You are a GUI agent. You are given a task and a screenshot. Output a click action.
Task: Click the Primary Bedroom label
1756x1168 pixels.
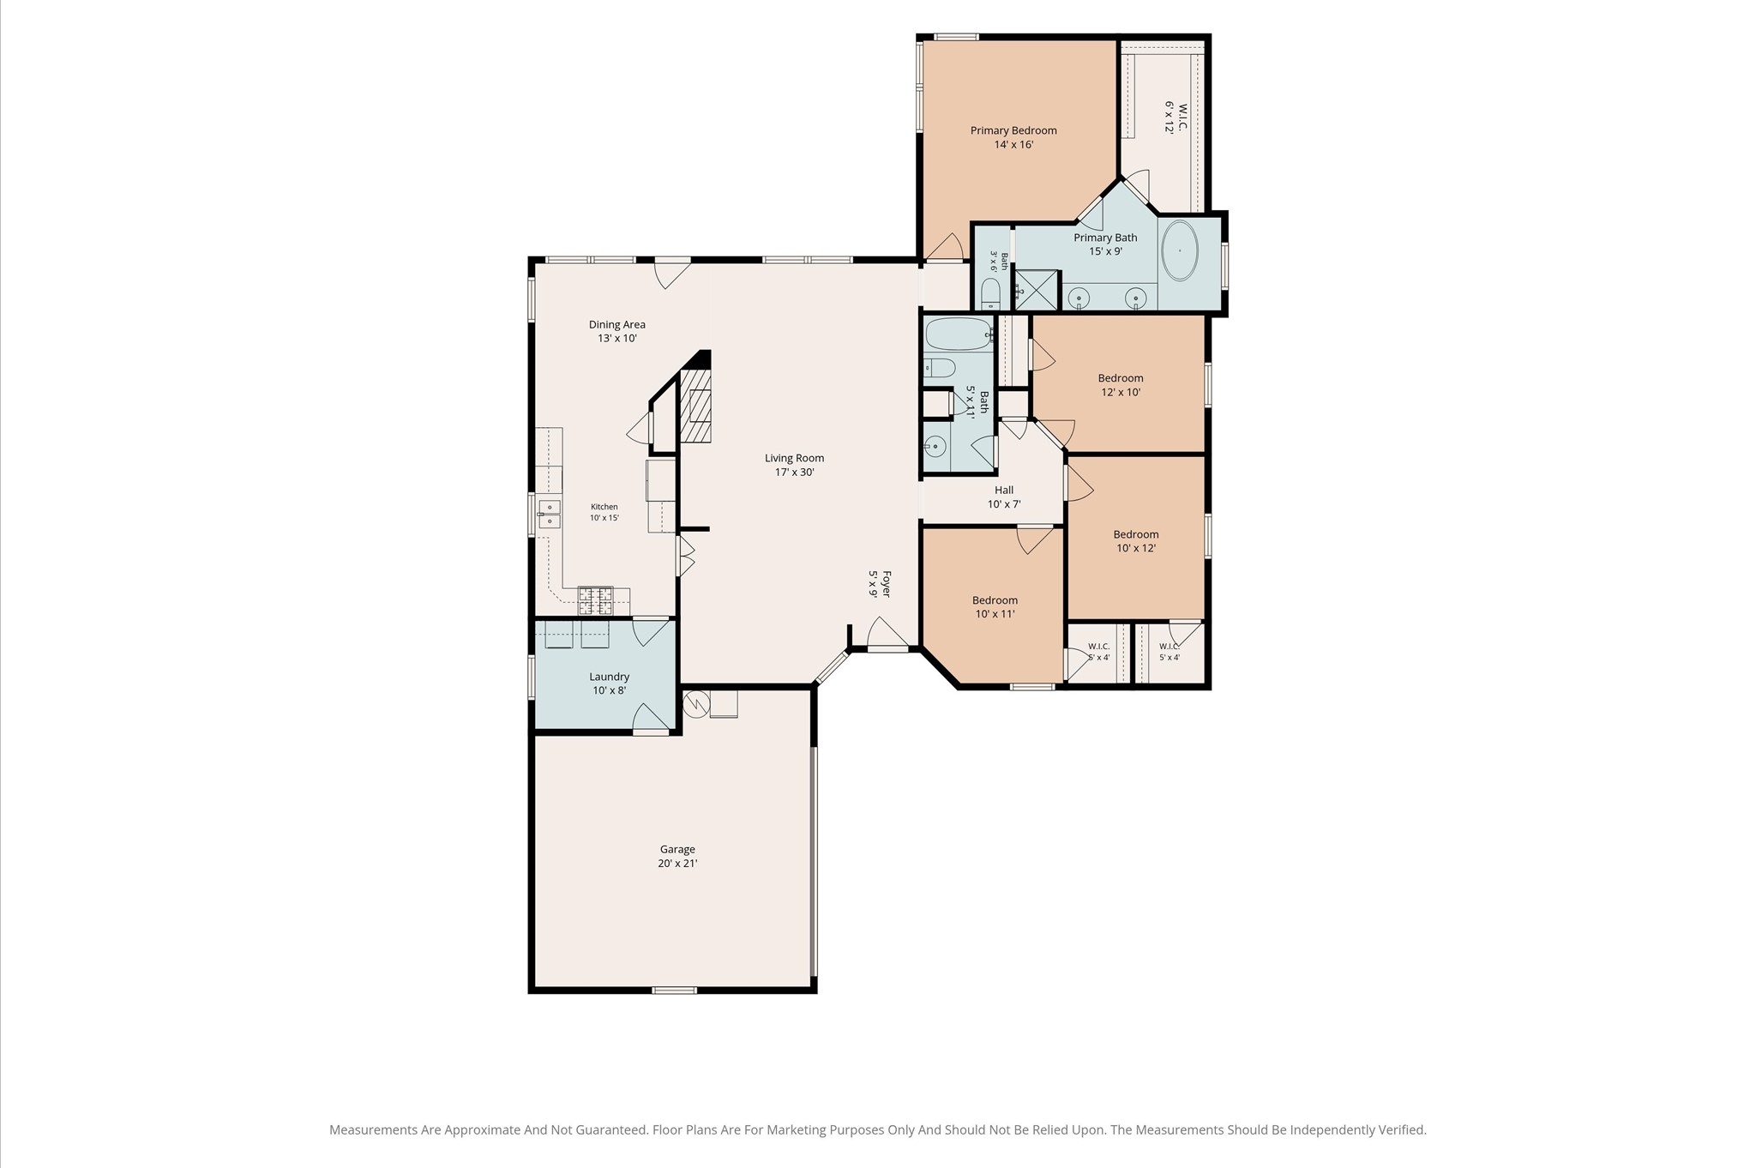pyautogui.click(x=1013, y=130)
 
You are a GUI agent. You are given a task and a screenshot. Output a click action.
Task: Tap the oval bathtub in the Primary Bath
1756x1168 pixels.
pyautogui.click(x=1181, y=250)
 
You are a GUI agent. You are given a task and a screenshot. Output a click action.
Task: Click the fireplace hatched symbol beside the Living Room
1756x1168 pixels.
pyautogui.click(x=696, y=406)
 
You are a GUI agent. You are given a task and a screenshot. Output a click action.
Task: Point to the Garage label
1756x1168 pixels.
pyautogui.click(x=677, y=849)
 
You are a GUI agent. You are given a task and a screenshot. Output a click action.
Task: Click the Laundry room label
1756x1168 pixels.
pyautogui.click(x=610, y=677)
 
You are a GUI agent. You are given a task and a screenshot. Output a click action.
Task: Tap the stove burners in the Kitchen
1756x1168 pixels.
pyautogui.click(x=596, y=600)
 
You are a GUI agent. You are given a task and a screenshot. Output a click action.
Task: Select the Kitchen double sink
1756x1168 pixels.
pyautogui.click(x=550, y=514)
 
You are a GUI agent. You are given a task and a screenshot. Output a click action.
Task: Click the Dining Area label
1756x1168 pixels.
pyautogui.click(x=617, y=324)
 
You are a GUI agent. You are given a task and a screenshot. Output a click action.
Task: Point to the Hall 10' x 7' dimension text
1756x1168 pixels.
pyautogui.click(x=1004, y=504)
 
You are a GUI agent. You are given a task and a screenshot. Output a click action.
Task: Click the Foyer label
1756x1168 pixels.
pyautogui.click(x=887, y=584)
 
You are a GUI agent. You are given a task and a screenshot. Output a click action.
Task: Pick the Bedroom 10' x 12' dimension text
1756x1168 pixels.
pyautogui.click(x=1136, y=548)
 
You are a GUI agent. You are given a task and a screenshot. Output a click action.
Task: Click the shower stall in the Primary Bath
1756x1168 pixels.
pyautogui.click(x=1037, y=290)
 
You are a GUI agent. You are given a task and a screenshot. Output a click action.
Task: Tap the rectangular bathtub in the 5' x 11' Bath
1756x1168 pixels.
pyautogui.click(x=959, y=334)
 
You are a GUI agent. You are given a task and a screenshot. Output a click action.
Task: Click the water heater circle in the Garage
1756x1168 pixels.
pyautogui.click(x=697, y=704)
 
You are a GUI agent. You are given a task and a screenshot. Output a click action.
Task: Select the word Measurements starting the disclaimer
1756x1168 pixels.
pyautogui.click(x=373, y=1130)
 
